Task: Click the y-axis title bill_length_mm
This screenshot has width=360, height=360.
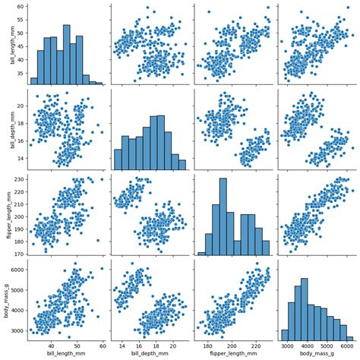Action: tap(6, 44)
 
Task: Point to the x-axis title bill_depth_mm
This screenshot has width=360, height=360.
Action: tap(149, 354)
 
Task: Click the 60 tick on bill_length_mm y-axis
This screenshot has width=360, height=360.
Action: tap(18, 7)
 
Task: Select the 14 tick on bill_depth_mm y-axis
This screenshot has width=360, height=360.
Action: tap(18, 158)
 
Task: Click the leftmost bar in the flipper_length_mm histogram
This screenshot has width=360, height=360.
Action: tap(201, 254)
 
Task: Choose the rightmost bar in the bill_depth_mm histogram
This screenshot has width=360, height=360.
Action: tap(182, 164)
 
